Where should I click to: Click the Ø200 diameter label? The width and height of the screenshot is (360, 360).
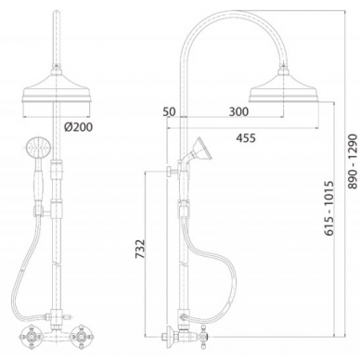78,127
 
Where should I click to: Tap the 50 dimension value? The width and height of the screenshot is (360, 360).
170,111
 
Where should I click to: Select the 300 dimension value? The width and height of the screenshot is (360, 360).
238,111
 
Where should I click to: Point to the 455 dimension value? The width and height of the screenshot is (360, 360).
246,138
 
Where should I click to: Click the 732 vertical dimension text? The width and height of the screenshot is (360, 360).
140,249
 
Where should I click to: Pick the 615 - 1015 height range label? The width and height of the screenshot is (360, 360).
329,208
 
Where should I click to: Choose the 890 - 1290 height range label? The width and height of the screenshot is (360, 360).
353,161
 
